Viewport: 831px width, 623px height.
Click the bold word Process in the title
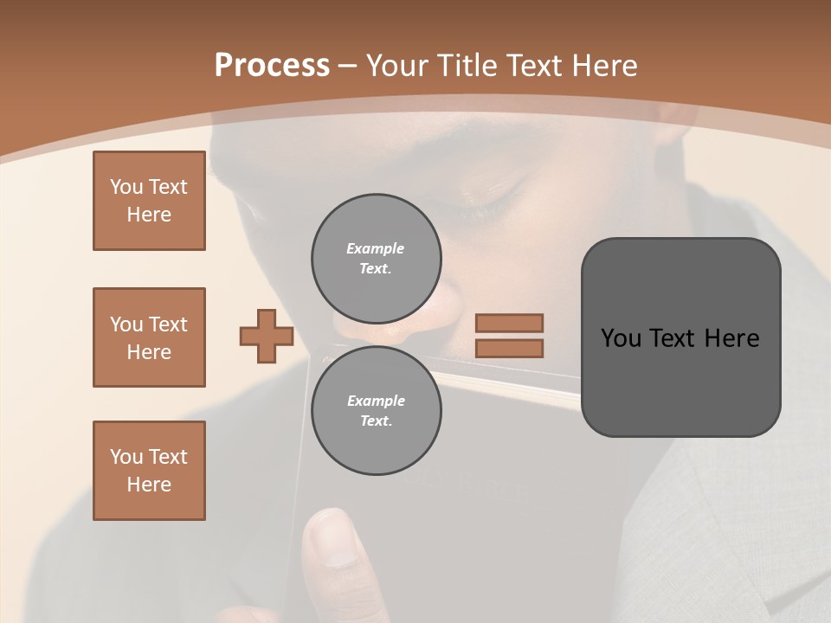272,66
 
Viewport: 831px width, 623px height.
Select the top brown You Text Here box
149,201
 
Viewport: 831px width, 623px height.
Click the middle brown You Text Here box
149,337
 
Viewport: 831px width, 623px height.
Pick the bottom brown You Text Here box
149,471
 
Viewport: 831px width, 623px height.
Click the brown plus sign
267,336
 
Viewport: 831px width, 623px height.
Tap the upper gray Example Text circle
376,258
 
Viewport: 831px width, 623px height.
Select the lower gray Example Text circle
376,410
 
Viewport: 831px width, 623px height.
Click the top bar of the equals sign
510,323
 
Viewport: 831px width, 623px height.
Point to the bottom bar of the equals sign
510,349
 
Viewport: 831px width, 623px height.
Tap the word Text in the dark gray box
671,338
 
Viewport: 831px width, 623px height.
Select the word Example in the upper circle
376,248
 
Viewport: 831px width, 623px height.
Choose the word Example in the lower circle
376,401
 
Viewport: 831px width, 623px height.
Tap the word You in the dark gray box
620,338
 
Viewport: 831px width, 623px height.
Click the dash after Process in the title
348,66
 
